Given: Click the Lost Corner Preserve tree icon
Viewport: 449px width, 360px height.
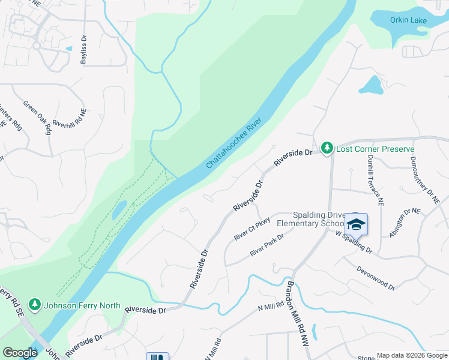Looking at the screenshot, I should pyautogui.click(x=327, y=148).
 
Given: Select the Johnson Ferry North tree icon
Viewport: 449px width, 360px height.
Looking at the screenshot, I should pyautogui.click(x=35, y=305).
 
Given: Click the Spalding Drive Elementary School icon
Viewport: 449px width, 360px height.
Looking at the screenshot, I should pyautogui.click(x=356, y=224).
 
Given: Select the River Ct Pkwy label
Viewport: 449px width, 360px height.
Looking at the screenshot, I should pyautogui.click(x=252, y=229).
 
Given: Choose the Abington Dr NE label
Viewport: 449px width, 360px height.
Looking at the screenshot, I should pyautogui.click(x=405, y=223).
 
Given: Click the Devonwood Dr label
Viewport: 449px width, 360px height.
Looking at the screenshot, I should pyautogui.click(x=376, y=278).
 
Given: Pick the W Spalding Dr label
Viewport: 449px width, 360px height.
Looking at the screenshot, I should pyautogui.click(x=354, y=241).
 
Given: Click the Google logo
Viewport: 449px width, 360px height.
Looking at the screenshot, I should pyautogui.click(x=20, y=353).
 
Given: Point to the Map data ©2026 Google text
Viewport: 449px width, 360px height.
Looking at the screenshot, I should pyautogui.click(x=412, y=355).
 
